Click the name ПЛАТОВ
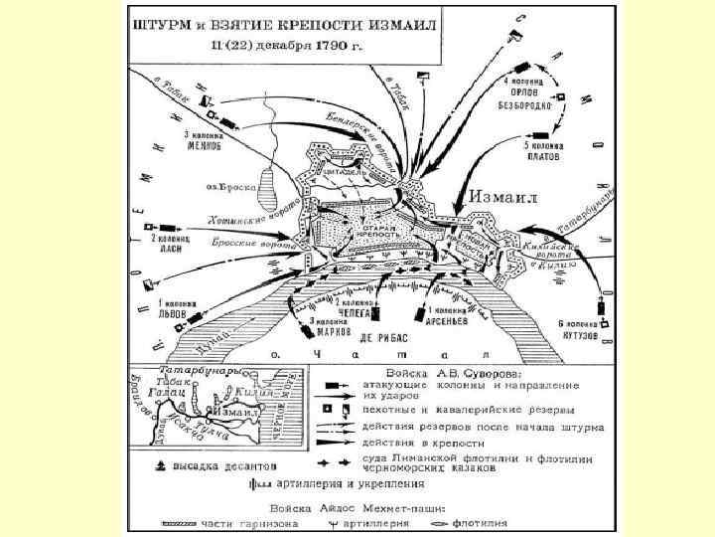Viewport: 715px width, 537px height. tap(545, 155)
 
